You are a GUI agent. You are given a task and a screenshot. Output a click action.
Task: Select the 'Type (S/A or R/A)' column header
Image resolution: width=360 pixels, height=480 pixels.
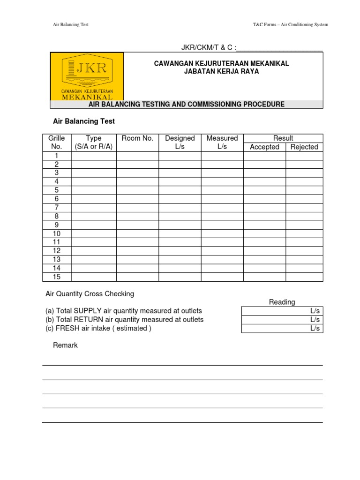[94, 142]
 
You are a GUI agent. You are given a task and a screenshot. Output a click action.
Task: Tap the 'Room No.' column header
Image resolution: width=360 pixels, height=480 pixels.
[137, 138]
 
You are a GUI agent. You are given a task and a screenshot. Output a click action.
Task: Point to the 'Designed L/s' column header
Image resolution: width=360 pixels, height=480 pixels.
[180, 142]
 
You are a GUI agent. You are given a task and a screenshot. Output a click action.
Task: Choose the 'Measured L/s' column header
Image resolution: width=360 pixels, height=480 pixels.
[222, 142]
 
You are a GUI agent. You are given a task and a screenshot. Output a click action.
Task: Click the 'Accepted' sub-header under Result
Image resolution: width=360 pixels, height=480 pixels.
[264, 147]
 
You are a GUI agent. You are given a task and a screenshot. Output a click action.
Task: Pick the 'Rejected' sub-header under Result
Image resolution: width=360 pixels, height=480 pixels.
[304, 147]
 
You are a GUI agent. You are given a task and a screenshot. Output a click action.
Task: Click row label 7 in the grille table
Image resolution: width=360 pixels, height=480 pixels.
[56, 207]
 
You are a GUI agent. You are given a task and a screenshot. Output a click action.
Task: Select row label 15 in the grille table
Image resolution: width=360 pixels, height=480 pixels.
[56, 277]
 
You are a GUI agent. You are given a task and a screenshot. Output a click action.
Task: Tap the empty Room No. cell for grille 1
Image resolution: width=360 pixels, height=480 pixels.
[137, 156]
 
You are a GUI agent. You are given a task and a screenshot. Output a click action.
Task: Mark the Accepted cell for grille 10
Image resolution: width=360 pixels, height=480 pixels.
[264, 233]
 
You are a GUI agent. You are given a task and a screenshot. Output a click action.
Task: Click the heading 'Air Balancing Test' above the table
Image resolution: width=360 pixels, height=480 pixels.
[83, 121]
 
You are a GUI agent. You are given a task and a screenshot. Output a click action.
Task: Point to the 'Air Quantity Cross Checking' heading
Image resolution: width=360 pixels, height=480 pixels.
[90, 294]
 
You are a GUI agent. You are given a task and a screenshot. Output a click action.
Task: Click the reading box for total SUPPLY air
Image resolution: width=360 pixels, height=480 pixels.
[282, 311]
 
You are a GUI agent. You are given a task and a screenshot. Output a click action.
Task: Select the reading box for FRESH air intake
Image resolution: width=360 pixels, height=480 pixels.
[282, 328]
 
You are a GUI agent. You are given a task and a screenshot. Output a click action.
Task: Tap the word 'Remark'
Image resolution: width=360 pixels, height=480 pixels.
[65, 345]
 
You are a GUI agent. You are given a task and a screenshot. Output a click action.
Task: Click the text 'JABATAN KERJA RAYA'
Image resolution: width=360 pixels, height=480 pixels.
[222, 72]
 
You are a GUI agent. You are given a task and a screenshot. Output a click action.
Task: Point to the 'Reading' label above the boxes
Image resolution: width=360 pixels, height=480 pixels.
[282, 302]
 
